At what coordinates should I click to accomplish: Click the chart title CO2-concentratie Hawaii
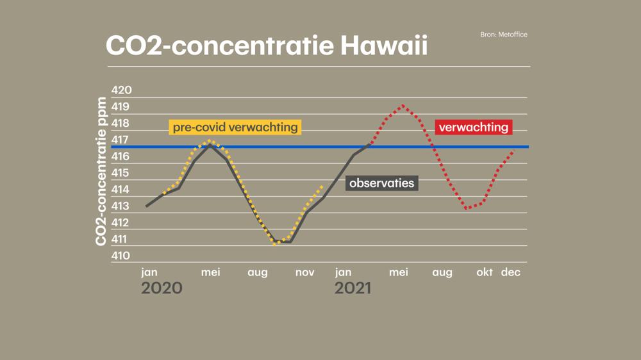click(x=266, y=46)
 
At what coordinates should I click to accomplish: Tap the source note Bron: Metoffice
click(x=503, y=35)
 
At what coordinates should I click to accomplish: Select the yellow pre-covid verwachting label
click(x=235, y=127)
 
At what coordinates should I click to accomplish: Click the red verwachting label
click(x=474, y=127)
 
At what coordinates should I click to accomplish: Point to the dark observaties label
click(x=381, y=183)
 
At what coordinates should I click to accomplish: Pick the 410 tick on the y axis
click(x=121, y=256)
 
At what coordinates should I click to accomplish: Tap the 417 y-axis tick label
click(x=121, y=140)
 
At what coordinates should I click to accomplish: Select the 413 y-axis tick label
click(x=121, y=206)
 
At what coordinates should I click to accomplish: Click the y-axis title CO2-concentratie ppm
click(x=101, y=172)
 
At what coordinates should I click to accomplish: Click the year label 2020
click(x=162, y=288)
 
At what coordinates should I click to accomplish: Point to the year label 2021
click(x=353, y=288)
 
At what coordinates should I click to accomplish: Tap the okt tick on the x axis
click(x=485, y=272)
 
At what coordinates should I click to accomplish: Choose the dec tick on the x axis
click(x=511, y=272)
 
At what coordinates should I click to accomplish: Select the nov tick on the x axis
click(x=305, y=272)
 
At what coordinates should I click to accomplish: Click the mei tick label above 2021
click(x=399, y=272)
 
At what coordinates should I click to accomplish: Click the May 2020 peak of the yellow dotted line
click(x=209, y=141)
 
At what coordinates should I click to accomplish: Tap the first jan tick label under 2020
click(x=149, y=272)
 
